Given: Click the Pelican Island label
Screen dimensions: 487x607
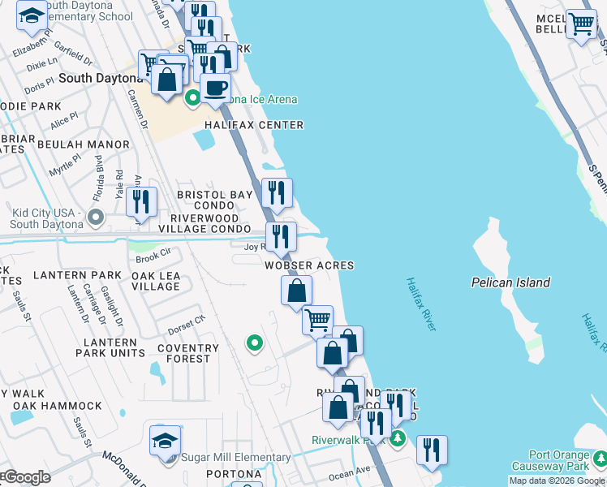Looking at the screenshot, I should pyautogui.click(x=511, y=282).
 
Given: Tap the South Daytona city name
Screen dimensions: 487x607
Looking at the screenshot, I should pyautogui.click(x=97, y=78).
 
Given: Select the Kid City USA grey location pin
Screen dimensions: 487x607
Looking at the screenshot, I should pyautogui.click(x=96, y=217).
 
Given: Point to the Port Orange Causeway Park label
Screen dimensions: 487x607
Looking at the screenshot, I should pyautogui.click(x=558, y=460).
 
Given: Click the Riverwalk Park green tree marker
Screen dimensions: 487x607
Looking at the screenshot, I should pyautogui.click(x=397, y=439).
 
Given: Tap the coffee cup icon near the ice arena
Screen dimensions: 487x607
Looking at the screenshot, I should pyautogui.click(x=215, y=87).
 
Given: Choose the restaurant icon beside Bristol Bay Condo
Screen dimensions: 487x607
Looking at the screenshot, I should pyautogui.click(x=277, y=192).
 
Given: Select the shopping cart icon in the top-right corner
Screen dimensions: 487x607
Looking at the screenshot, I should pyautogui.click(x=581, y=24).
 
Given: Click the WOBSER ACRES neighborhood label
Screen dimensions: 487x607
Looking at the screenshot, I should pyautogui.click(x=308, y=265).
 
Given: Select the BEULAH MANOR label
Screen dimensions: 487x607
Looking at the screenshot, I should pyautogui.click(x=93, y=144).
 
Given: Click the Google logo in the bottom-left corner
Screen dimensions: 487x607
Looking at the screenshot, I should pyautogui.click(x=26, y=477).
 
